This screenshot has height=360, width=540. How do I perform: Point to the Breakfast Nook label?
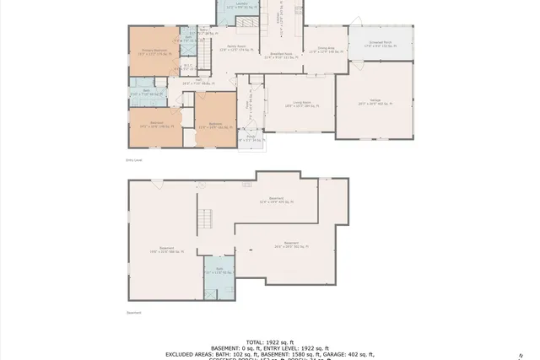pyautogui.click(x=279, y=56)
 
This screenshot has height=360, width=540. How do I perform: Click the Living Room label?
pyautogui.click(x=290, y=104)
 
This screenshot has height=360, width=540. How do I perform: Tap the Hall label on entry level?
pyautogui.click(x=199, y=81)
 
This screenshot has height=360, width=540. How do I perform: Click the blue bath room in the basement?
pyautogui.click(x=218, y=271)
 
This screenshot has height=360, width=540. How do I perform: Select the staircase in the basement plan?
pyautogui.click(x=205, y=222)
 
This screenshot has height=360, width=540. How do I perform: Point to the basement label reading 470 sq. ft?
pyautogui.click(x=276, y=201)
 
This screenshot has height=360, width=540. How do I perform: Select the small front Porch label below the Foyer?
pyautogui.click(x=251, y=140)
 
